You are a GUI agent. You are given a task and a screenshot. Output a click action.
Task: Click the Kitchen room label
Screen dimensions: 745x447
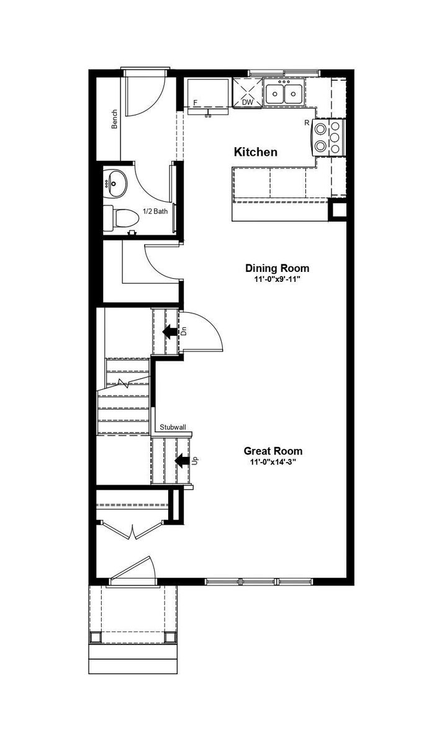(x=255, y=152)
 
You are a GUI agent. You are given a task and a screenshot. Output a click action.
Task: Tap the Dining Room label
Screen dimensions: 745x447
(x=277, y=268)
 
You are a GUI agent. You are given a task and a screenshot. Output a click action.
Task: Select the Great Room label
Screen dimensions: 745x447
(x=273, y=451)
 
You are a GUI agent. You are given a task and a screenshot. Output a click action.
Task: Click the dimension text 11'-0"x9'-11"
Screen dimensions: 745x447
(x=277, y=279)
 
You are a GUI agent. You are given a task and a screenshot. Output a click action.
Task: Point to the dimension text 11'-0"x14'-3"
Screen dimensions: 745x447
(x=273, y=462)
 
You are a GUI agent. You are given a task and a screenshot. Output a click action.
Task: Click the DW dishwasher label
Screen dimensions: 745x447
(x=247, y=102)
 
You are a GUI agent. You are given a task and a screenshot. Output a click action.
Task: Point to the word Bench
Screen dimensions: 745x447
(x=114, y=119)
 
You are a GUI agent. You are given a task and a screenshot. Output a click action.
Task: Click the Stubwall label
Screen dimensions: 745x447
(x=172, y=427)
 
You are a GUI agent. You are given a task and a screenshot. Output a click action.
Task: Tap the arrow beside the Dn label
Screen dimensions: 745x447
(x=169, y=332)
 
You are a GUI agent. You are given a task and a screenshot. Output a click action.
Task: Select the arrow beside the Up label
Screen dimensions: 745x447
(x=182, y=461)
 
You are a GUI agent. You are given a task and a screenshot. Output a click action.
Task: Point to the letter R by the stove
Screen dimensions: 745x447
(x=307, y=123)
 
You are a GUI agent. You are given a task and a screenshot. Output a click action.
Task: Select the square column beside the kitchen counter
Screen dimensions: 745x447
(x=339, y=211)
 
